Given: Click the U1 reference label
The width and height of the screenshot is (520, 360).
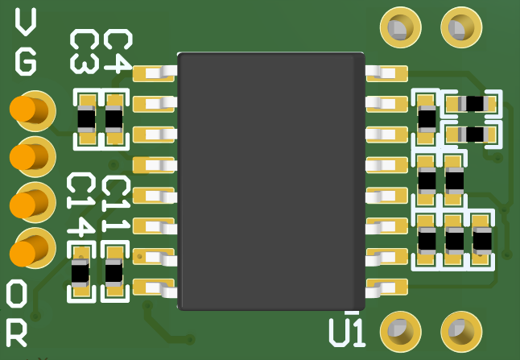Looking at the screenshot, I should coord(347,332).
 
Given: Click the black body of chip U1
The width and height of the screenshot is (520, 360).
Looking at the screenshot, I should coord(270,181).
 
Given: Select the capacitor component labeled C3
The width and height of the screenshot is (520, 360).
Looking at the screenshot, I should coord(85,119).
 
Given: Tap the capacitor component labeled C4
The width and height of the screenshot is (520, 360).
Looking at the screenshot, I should coord(113,119).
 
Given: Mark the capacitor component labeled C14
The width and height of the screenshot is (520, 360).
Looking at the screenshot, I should coord(80,273).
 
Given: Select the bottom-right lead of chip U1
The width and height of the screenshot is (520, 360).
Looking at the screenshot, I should coord(387,286).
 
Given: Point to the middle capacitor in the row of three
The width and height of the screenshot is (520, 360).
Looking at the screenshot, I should coord(454,239).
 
